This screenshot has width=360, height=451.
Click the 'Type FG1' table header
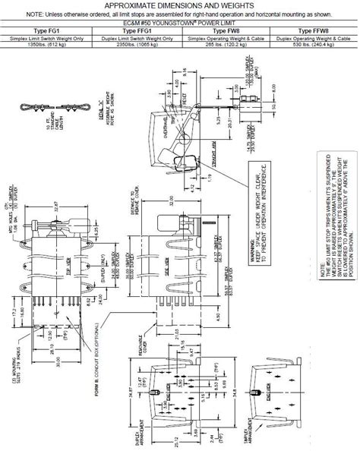[x=46, y=30]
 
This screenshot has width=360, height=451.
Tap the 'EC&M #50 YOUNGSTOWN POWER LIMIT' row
[x=180, y=23]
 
